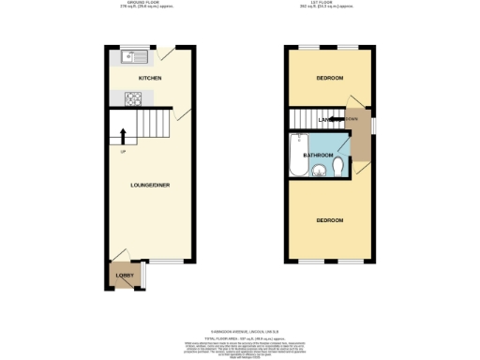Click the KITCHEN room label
pos(150,77)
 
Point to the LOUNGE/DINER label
pos(150,185)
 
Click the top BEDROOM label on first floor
pos(329,77)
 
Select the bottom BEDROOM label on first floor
pos(329,220)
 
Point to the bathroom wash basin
pos(319,170)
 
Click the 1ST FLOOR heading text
pos(329,5)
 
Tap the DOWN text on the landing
pos(352,119)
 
